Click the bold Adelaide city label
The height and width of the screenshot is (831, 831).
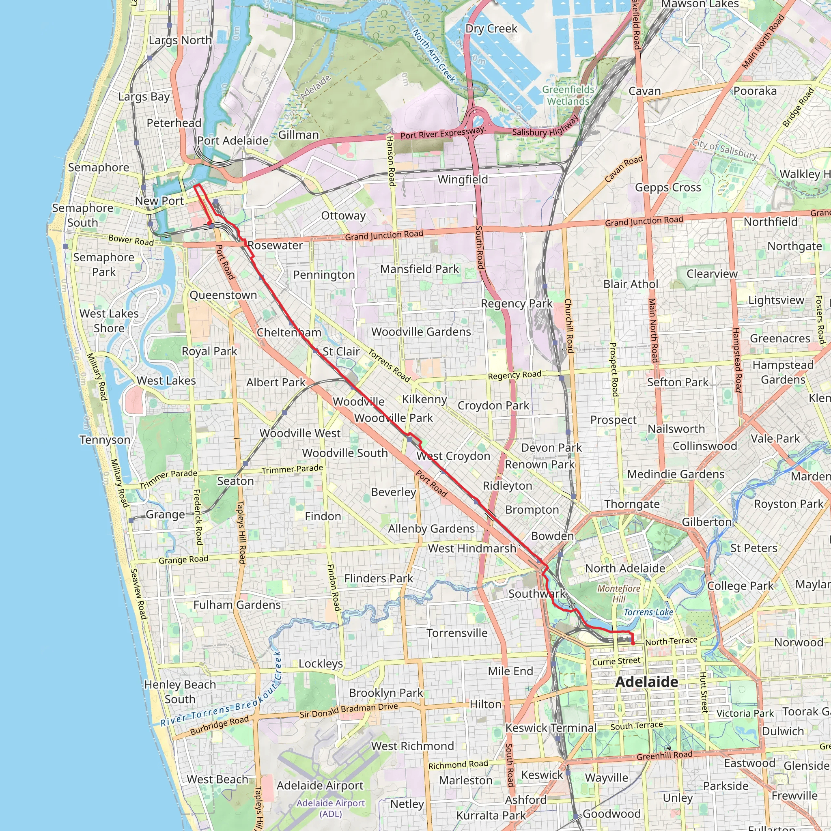(646, 682)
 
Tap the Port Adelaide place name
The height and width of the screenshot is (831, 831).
(233, 141)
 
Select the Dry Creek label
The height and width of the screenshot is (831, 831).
(491, 29)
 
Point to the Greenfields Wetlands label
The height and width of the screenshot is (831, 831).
(568, 95)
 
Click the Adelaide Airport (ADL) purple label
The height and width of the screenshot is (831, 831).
(330, 808)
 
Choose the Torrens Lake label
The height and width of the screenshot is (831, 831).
(648, 612)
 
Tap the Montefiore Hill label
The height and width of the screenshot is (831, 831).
(619, 594)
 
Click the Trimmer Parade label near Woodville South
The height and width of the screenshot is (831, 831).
(292, 469)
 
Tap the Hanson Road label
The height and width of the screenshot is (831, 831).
(391, 161)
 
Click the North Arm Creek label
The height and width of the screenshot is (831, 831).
(434, 55)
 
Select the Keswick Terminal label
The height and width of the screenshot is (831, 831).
(551, 728)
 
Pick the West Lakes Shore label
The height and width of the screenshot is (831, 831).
(109, 321)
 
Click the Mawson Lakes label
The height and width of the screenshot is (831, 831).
(700, 4)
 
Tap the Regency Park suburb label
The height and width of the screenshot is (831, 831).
(516, 304)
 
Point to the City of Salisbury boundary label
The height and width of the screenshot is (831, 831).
(724, 149)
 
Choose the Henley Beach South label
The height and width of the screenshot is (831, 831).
(180, 692)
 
